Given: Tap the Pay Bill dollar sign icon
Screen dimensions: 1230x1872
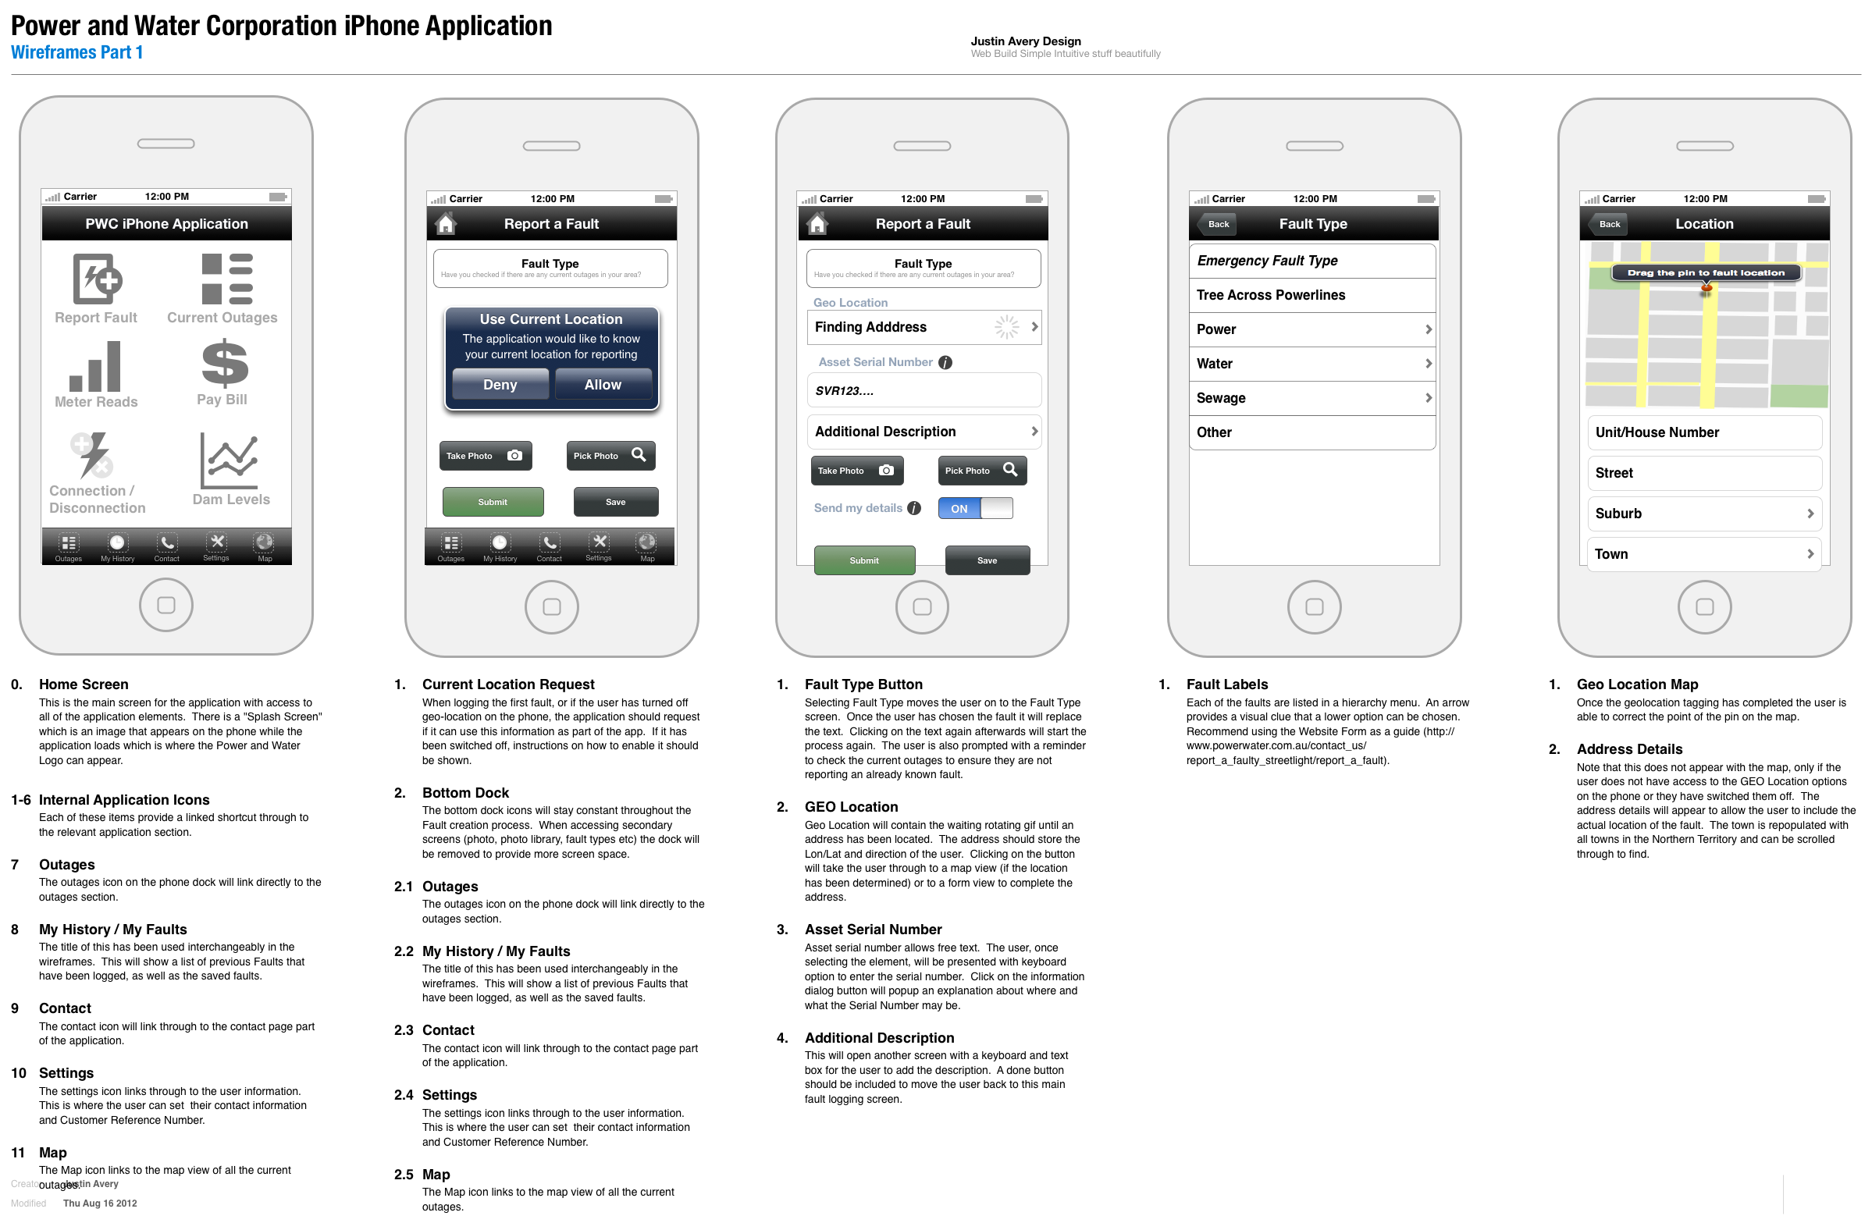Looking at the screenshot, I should click(224, 364).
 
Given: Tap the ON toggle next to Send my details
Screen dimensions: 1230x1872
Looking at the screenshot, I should click(974, 509).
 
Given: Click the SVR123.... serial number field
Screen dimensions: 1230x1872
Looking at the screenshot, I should click(924, 391).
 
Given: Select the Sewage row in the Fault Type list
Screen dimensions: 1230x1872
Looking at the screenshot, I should click(1311, 398).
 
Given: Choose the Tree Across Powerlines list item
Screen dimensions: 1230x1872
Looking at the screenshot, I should click(1311, 295).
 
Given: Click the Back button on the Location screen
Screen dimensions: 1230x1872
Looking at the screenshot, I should click(1608, 224).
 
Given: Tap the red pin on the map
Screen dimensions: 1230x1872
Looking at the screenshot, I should click(1706, 289).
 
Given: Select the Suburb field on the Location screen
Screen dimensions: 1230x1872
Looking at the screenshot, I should click(1703, 514).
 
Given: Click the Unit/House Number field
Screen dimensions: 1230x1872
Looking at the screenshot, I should click(1703, 432).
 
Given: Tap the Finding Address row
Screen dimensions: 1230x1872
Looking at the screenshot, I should click(924, 327).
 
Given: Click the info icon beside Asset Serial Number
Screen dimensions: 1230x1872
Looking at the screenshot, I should click(945, 363).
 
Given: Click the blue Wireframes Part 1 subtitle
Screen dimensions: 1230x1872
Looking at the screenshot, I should click(77, 53).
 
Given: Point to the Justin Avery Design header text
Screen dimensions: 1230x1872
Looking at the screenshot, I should click(1025, 41).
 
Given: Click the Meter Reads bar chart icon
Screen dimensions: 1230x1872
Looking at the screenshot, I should click(95, 367).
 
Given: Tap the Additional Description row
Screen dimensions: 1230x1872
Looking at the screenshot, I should click(924, 432).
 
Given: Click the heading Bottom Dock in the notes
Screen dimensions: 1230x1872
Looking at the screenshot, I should click(464, 793).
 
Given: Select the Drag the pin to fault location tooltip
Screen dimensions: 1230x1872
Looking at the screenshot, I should click(1705, 273).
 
